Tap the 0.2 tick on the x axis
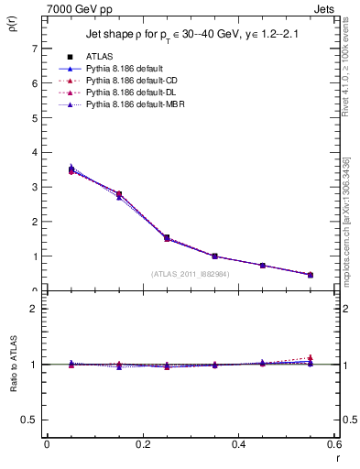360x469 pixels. click(142, 444)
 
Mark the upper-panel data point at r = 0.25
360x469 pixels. click(166, 238)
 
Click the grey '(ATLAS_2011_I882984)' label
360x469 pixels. click(191, 274)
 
